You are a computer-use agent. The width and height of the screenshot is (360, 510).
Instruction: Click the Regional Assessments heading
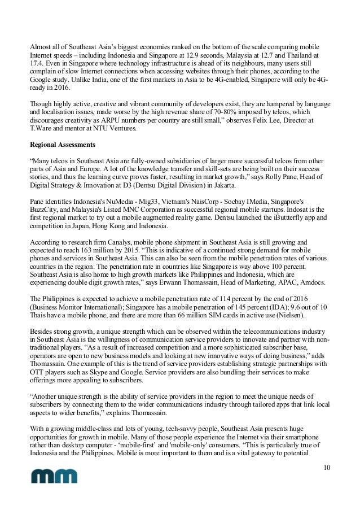click(62, 144)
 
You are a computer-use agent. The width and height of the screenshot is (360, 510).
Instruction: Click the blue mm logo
click(54, 477)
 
